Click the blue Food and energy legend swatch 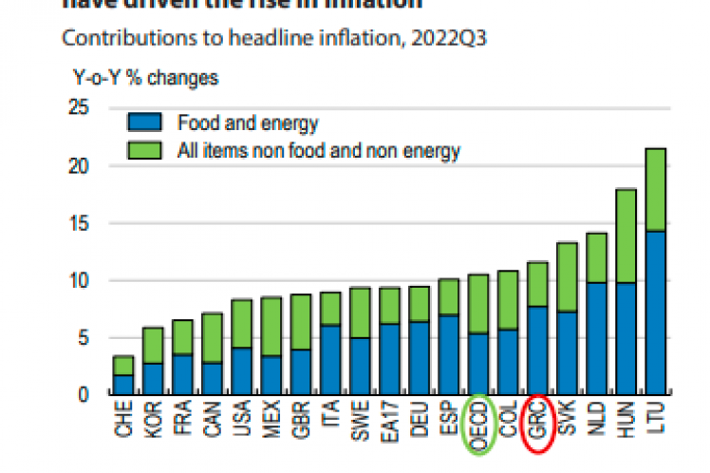click(146, 123)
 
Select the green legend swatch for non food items click(146, 149)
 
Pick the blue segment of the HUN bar click(626, 337)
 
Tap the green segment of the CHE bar click(123, 366)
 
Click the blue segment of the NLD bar click(596, 337)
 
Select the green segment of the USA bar click(241, 324)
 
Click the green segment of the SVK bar click(567, 276)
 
